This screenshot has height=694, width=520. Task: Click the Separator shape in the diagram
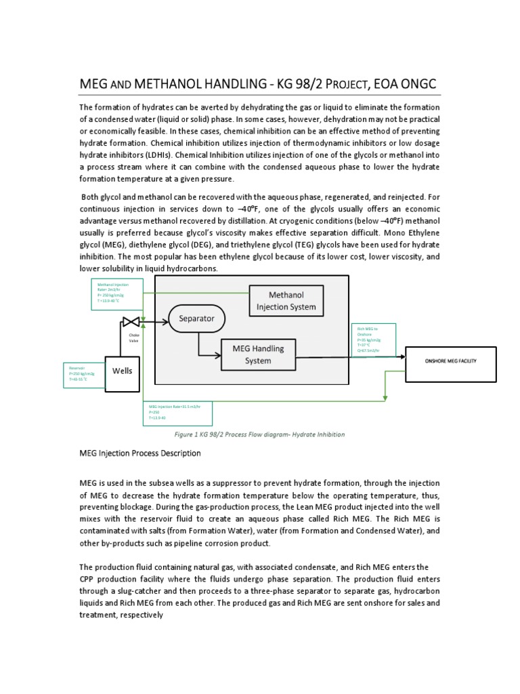point(196,318)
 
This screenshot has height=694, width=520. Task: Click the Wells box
point(123,371)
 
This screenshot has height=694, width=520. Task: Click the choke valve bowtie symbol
point(131,321)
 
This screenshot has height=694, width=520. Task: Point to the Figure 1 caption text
point(259,434)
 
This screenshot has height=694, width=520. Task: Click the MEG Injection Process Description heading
point(140,453)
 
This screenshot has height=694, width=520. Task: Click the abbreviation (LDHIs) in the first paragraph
point(175,154)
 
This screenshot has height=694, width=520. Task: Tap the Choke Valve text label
point(129,337)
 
